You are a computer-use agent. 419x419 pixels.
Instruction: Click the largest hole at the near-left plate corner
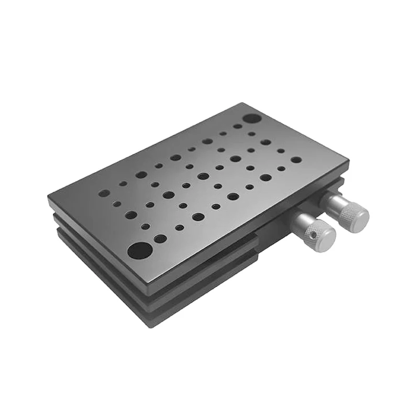(139, 250)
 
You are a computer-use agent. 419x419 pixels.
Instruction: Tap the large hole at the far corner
(252, 118)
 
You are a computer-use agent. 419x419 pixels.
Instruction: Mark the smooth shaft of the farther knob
(332, 200)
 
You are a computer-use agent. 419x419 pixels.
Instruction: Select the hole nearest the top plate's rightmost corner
(296, 160)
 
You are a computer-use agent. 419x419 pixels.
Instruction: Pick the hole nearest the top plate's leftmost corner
(103, 193)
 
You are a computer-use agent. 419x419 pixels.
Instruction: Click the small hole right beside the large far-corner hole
(237, 126)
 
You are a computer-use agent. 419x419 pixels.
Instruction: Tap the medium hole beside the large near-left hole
(160, 239)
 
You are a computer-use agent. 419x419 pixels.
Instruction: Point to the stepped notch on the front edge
(258, 246)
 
